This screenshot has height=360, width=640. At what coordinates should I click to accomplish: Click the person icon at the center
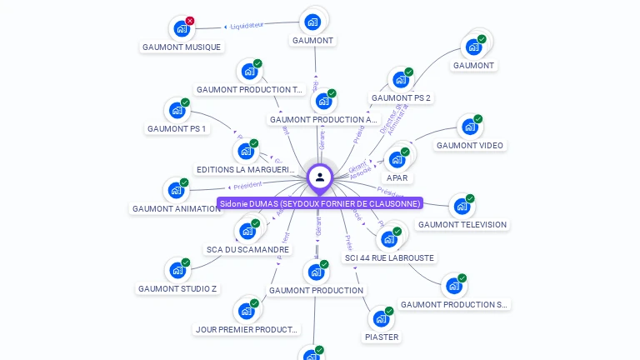pos(320,177)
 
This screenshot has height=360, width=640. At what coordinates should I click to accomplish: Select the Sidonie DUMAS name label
pos(320,203)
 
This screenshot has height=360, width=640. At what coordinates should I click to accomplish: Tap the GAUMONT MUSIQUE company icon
pos(182,29)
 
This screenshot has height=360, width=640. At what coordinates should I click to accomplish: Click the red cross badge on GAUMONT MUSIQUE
pos(190,21)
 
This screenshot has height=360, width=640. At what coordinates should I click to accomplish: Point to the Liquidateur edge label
pos(247,25)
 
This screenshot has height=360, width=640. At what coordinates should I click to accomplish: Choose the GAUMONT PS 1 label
pos(176,128)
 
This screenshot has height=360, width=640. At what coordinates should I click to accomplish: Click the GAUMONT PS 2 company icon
pos(400,80)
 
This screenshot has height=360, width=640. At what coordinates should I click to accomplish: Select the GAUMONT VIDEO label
pos(470,145)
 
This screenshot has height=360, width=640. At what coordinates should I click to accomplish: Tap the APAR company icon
pos(397,159)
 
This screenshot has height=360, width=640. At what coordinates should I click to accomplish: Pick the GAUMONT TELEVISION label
pos(462,224)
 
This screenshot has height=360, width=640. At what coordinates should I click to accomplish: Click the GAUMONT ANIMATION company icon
pos(176,190)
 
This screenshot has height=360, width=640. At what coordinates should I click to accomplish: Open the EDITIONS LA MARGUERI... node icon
pos(246,151)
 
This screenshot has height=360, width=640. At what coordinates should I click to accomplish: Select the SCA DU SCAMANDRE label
pos(248,249)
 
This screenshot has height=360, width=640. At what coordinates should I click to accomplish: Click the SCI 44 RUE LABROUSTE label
pos(389,257)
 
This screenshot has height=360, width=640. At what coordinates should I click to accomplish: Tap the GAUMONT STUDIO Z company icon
pos(177,270)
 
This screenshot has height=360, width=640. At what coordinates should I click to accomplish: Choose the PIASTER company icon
pos(381,318)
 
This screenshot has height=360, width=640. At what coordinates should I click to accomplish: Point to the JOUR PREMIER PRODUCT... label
pos(246,329)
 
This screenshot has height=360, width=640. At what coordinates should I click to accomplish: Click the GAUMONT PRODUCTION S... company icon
pos(453,286)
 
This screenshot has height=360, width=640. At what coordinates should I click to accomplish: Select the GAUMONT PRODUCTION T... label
pos(249,89)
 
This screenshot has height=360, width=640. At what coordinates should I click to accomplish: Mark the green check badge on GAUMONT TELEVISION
pos(470,199)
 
